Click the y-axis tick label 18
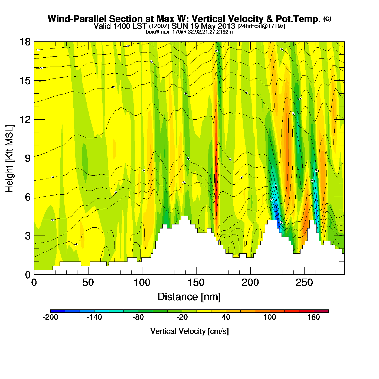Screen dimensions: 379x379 tap(25, 42)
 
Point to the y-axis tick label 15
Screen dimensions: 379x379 tap(25, 81)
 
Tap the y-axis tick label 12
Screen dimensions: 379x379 tap(25, 119)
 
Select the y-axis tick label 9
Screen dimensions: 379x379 tap(28, 158)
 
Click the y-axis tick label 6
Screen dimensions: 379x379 tap(28, 197)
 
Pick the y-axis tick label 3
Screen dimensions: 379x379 tap(28, 236)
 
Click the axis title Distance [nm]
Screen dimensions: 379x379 tap(189, 297)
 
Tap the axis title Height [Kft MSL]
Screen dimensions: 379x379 tap(9, 158)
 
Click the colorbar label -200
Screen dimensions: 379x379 tap(50, 317)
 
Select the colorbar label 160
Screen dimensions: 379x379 tap(313, 317)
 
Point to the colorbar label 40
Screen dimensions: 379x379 tap(226, 317)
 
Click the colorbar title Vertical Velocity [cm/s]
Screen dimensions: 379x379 tap(190, 331)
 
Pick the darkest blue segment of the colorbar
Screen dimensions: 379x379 tap(58, 311)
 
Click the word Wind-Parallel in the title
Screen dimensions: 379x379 tap(77, 19)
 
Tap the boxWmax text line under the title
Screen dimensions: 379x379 tap(189, 32)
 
